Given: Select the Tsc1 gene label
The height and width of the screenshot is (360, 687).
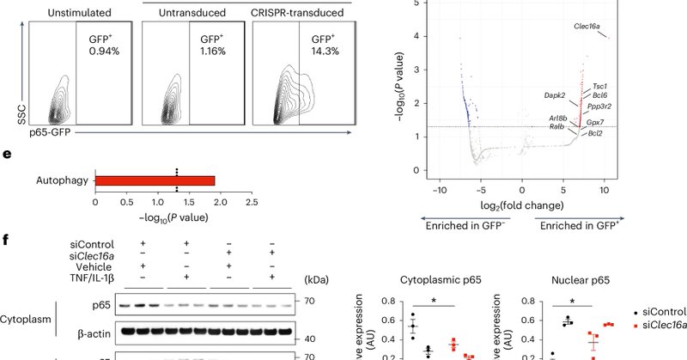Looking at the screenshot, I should click(600, 87).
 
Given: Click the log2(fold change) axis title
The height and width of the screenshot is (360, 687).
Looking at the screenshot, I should click(522, 206).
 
